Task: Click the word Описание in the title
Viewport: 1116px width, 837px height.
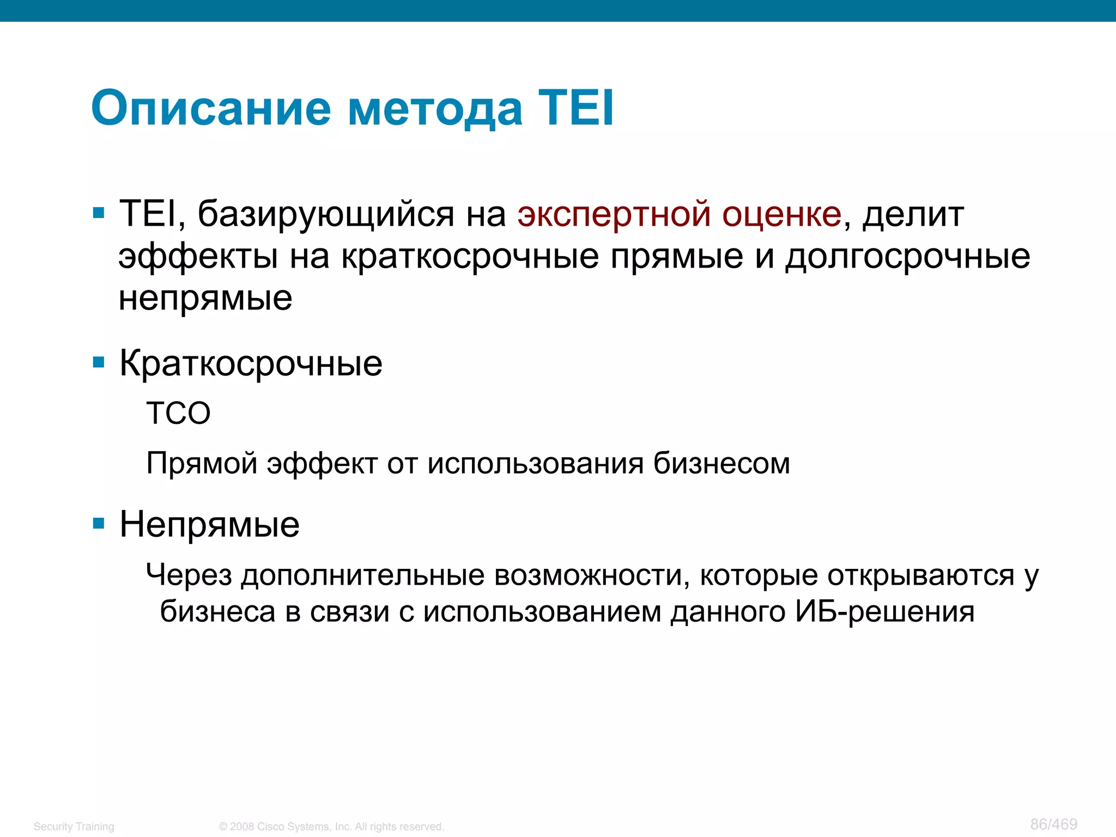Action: pos(211,108)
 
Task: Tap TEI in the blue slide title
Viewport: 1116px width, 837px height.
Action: pos(576,108)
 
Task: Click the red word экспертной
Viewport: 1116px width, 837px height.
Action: pos(614,214)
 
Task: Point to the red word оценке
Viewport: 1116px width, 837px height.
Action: pos(781,214)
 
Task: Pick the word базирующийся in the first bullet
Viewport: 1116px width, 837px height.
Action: pos(325,214)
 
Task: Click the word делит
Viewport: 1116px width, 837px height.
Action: pos(913,214)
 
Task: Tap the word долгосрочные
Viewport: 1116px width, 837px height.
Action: pos(907,256)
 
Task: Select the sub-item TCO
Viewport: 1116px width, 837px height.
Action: pos(178,413)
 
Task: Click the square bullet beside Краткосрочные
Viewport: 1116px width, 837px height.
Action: pos(99,362)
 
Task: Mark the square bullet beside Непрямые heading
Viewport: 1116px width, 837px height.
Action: pos(99,524)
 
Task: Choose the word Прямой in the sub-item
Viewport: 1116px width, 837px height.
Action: pos(202,464)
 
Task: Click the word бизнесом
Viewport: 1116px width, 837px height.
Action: pos(721,463)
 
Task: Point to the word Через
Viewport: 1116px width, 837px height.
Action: pos(189,575)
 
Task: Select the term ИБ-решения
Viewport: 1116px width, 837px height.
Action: pos(884,611)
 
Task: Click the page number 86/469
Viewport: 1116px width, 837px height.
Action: pos(1053,824)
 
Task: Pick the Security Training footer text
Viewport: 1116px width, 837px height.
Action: pos(74,827)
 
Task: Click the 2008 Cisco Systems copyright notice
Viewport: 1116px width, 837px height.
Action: pos(331,827)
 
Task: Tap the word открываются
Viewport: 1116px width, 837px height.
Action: pos(920,575)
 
